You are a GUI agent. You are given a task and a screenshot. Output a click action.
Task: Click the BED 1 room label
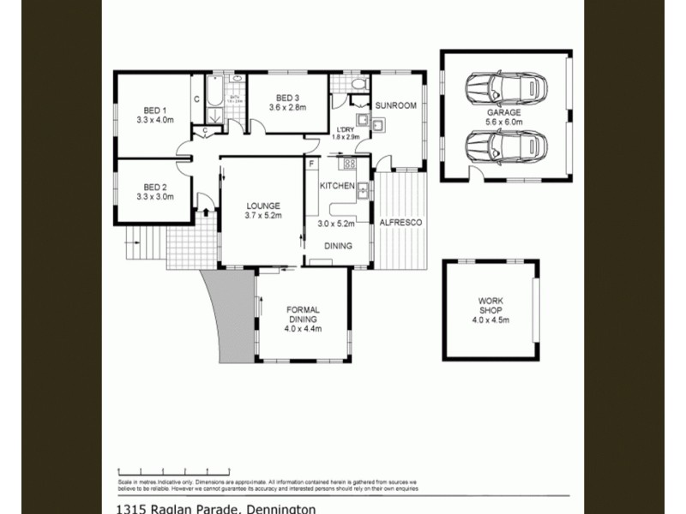(154, 110)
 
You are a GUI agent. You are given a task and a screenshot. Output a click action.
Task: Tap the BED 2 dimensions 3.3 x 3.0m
(154, 196)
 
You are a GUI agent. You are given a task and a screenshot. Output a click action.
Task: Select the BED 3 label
(287, 96)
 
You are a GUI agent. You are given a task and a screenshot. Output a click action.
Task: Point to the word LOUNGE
(263, 206)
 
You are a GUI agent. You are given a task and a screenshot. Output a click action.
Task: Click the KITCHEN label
(337, 186)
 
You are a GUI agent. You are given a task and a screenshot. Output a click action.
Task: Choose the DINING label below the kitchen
(337, 246)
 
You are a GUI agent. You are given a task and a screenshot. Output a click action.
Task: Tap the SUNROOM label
(395, 105)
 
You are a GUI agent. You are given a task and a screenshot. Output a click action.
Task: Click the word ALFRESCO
(401, 223)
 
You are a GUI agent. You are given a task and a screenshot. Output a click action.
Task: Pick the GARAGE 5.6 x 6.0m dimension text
(504, 123)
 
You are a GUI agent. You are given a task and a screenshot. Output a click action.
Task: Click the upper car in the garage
(505, 87)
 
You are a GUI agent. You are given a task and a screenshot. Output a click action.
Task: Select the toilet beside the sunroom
(360, 83)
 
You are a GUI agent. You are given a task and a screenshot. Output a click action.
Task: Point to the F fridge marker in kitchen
(311, 162)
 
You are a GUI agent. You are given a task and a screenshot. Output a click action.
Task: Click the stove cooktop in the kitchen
(349, 163)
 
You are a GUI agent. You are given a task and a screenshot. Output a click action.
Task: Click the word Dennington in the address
(282, 509)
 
